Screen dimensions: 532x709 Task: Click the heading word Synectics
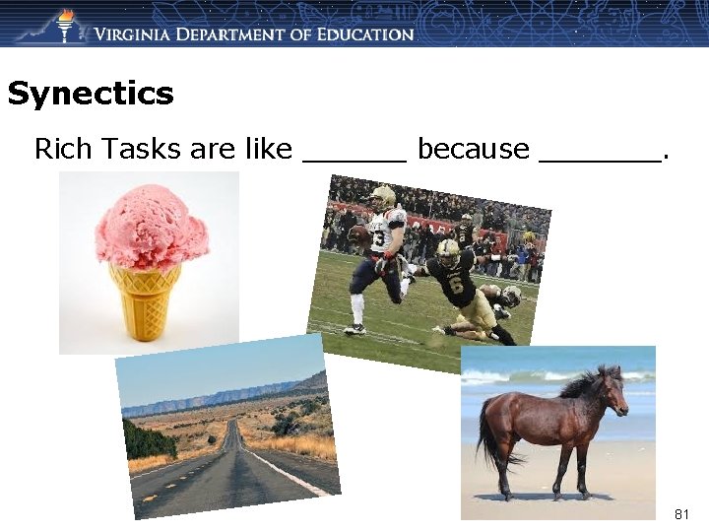90,95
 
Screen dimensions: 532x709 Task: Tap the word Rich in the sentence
61,149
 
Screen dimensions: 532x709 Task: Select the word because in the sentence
473,149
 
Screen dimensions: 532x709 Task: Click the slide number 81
682,514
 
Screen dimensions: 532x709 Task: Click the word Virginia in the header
143,34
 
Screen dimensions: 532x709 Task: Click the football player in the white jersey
379,256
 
